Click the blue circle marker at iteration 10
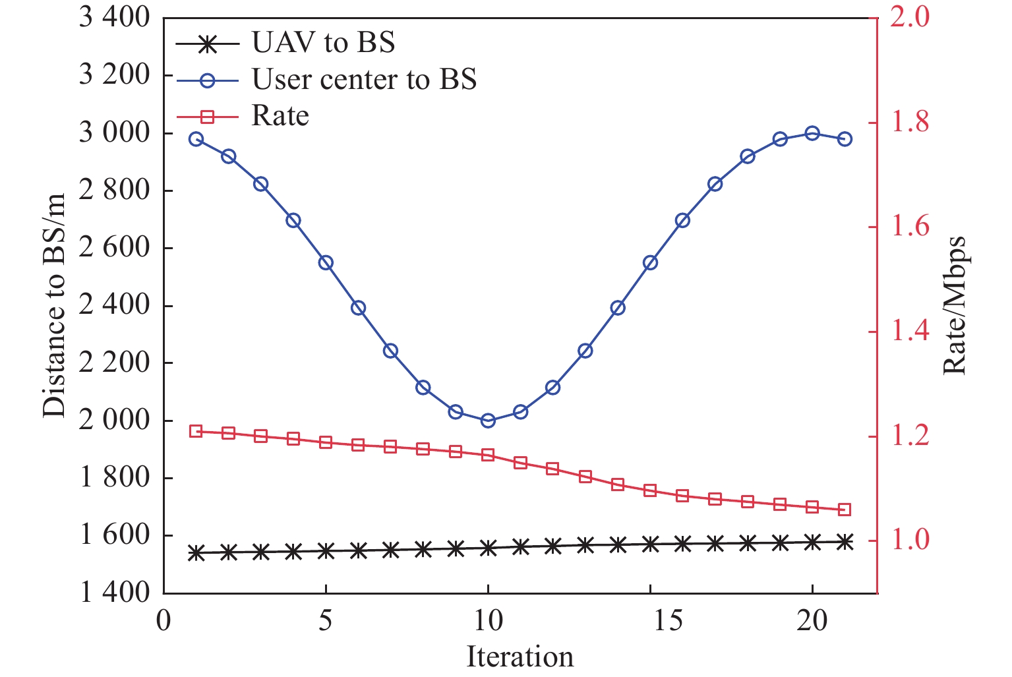click(x=488, y=421)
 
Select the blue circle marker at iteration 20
click(x=812, y=133)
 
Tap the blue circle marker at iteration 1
click(x=196, y=139)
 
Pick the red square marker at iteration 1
click(x=196, y=431)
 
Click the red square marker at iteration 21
click(x=845, y=510)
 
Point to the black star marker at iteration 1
click(x=196, y=553)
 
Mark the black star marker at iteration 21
click(x=845, y=542)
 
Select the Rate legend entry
click(x=280, y=116)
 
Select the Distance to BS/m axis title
click(x=55, y=305)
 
